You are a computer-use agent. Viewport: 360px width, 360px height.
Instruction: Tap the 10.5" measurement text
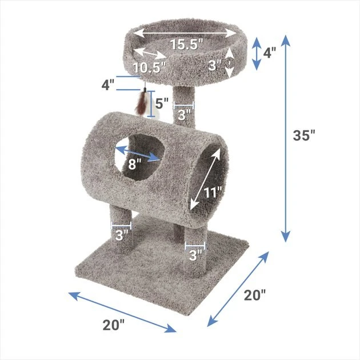[x=150, y=67]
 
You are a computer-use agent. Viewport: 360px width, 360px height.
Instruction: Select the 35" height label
[x=304, y=135]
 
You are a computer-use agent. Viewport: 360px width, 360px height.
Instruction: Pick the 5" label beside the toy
[x=163, y=104]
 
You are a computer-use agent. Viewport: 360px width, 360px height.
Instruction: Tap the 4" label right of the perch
[x=269, y=53]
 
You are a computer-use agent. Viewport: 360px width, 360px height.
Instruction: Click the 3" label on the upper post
[x=184, y=115]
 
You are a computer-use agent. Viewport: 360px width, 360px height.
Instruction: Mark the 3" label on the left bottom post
[x=122, y=235]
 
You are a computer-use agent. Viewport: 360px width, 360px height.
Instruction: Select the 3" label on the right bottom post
[x=195, y=255]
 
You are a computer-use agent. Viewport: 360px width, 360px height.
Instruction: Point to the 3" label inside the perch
[x=215, y=65]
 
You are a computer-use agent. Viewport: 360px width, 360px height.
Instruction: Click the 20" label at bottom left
[x=114, y=325]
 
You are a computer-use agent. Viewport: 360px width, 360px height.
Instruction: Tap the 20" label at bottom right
[x=255, y=295]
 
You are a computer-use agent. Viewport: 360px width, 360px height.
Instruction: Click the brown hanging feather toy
[x=140, y=103]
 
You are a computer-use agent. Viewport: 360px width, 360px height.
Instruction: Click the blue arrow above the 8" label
[x=138, y=153]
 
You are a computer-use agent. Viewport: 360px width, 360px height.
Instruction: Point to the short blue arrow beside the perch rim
[x=257, y=54]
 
